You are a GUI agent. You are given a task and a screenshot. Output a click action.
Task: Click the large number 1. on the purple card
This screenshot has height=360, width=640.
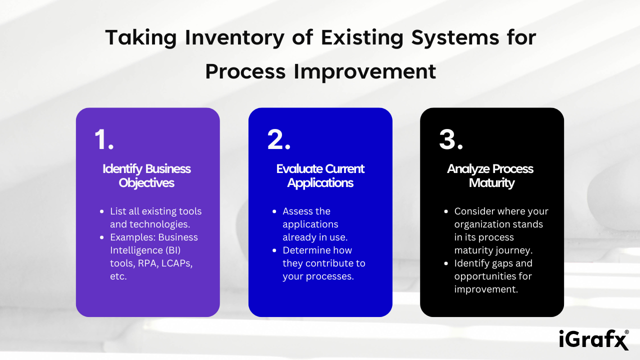104,139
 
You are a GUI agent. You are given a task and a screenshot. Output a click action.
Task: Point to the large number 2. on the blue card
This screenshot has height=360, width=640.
278,139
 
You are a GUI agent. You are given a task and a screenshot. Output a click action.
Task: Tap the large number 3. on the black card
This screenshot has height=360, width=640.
451,139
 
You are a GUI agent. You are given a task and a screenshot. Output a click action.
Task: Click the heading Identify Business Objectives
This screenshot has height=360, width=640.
147,175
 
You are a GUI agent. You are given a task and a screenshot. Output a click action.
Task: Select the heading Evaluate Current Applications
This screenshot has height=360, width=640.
320,175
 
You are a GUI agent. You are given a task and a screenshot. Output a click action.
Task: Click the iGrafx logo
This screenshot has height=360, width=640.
592,340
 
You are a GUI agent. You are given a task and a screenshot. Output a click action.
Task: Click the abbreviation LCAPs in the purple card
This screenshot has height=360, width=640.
177,263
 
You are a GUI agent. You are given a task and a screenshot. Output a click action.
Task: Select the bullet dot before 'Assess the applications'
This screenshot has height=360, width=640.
274,211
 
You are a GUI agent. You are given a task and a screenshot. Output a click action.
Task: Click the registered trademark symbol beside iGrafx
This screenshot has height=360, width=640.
627,332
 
